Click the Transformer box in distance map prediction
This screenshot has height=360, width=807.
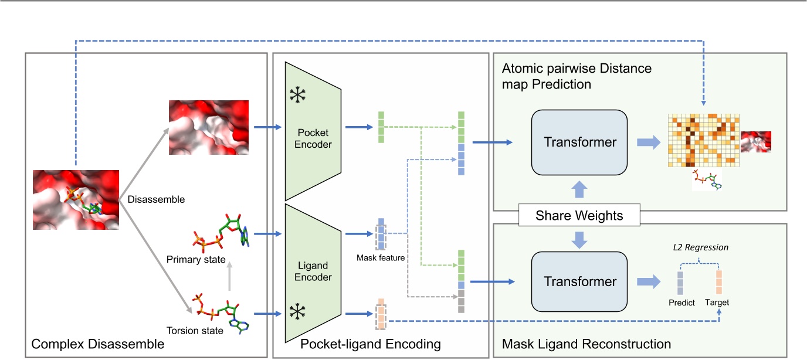pyautogui.click(x=579, y=142)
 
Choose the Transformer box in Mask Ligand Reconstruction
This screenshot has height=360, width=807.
pyautogui.click(x=579, y=281)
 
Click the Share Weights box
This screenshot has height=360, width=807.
pyautogui.click(x=579, y=216)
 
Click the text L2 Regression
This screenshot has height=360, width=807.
pyautogui.click(x=700, y=247)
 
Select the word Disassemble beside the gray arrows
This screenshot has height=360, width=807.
pyautogui.click(x=156, y=199)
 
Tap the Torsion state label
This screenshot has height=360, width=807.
pyautogui.click(x=195, y=331)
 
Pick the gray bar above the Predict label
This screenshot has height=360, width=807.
pyautogui.click(x=681, y=282)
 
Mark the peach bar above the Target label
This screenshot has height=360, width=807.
pyautogui.click(x=719, y=282)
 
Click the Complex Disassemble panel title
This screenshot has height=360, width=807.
pyautogui.click(x=97, y=344)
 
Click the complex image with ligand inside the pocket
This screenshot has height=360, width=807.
pyautogui.click(x=76, y=200)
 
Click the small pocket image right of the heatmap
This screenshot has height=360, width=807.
pyautogui.click(x=755, y=142)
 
